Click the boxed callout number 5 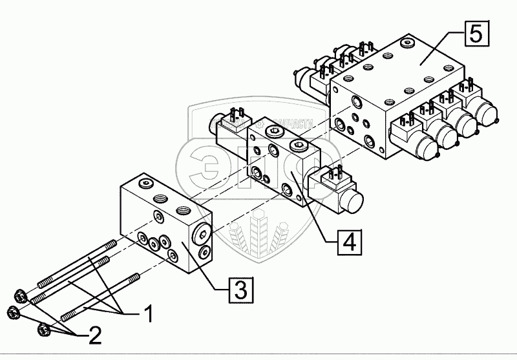pyautogui.click(x=475, y=32)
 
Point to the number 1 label pyautogui.click(x=147, y=315)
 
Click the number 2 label pyautogui.click(x=94, y=334)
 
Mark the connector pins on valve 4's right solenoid pyautogui.click(x=335, y=173)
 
